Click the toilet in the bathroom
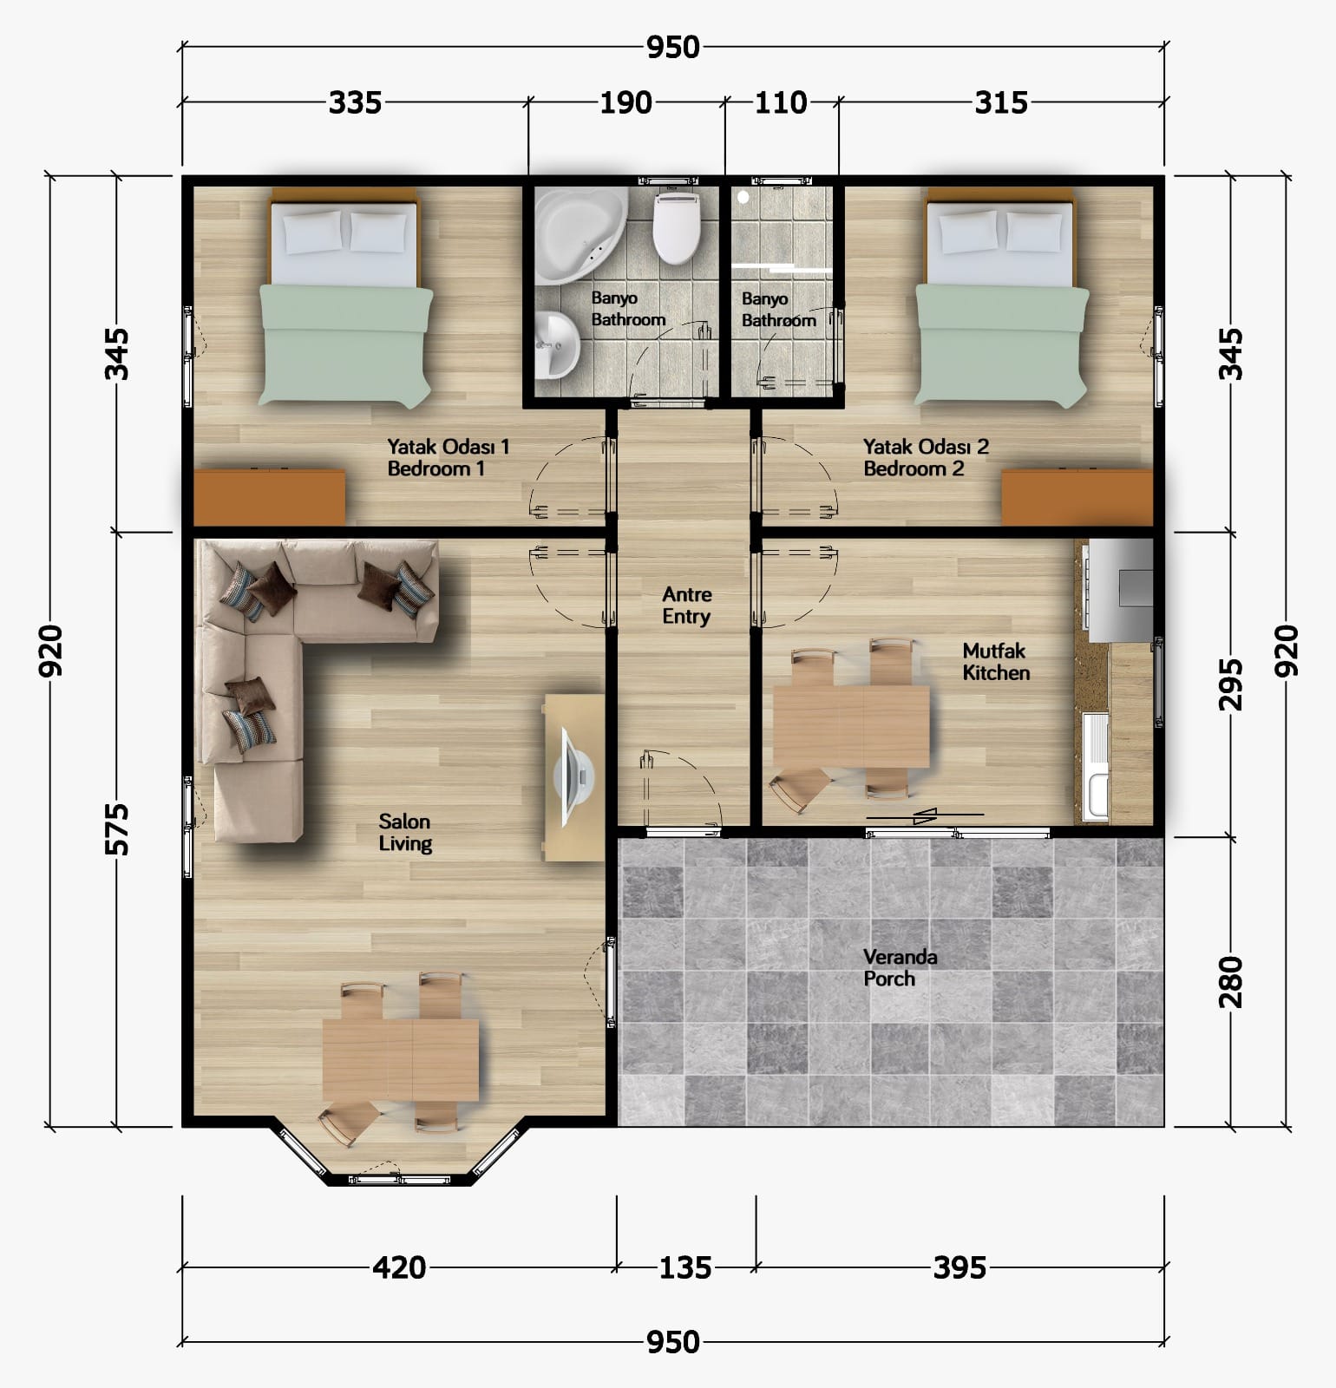pos(676,226)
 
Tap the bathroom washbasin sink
pos(556,345)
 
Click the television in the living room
pos(576,777)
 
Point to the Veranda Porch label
pos(900,968)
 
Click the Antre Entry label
pos(686,606)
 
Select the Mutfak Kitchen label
pos(996,661)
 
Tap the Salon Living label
pos(404,833)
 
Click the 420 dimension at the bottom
pos(399,1268)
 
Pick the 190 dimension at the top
pos(626,102)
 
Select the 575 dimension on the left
pos(117,829)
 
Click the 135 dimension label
pos(685,1268)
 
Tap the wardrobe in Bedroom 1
pos(269,497)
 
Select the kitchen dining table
pos(851,725)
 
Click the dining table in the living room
pos(401,1059)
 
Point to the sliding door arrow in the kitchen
pos(925,815)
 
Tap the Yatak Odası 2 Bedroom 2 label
pos(926,457)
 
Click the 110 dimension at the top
pos(781,102)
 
